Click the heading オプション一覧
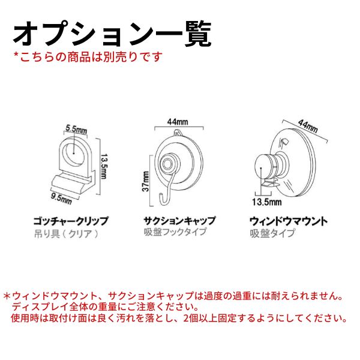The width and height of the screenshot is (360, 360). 112,34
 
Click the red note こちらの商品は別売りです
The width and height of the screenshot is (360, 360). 88,58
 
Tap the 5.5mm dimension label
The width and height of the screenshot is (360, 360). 76,128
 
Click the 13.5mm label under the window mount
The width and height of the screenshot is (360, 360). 263,201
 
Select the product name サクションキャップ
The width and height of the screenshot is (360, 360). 179,221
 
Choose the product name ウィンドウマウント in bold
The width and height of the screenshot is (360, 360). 288,221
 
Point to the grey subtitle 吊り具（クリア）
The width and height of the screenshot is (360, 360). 66,233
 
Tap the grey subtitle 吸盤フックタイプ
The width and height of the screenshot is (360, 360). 175,233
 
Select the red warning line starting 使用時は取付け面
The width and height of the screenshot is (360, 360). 179,318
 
